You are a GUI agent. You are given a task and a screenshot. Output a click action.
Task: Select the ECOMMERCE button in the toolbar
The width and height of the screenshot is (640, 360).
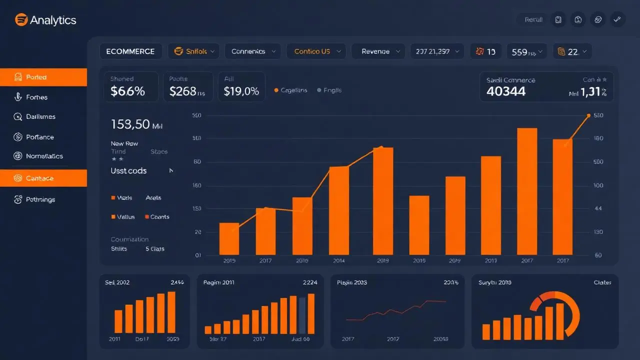pos(130,51)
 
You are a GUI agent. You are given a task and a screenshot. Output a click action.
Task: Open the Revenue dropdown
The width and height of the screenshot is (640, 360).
pos(377,51)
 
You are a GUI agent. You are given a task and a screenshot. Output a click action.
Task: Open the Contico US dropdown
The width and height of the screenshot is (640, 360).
pos(316,51)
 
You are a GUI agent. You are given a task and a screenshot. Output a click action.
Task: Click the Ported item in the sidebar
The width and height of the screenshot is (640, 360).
pos(43,77)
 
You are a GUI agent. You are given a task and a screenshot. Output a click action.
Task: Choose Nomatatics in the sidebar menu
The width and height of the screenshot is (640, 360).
pos(44,156)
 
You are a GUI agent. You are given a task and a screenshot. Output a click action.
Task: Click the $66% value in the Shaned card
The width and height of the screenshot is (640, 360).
pos(127,91)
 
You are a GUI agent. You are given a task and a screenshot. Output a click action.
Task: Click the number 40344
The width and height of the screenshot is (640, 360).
pos(505,91)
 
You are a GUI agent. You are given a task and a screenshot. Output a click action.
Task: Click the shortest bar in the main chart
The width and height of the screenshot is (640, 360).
pos(229,239)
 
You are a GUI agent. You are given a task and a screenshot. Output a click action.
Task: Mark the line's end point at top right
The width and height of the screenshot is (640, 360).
pos(588,115)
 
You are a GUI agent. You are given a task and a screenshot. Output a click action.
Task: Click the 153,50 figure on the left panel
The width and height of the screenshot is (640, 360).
pos(131,124)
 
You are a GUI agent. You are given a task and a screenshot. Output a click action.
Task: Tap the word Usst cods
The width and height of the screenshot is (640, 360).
pos(128,171)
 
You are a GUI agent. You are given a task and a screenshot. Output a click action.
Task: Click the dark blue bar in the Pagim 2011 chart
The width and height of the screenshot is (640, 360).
pos(301,315)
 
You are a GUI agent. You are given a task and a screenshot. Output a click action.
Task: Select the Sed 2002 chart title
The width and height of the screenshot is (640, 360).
pos(117,282)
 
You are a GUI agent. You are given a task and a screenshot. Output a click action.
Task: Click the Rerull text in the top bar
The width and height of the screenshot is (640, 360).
pos(533,20)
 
